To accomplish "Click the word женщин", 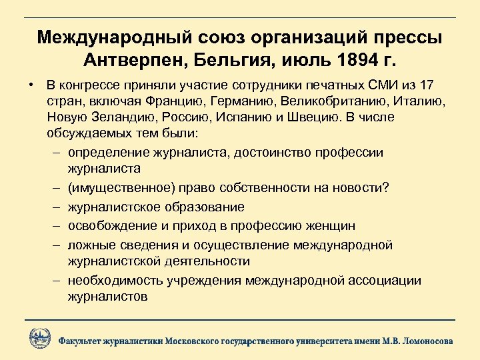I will (x=331, y=226).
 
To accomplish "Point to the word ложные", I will (x=90, y=245).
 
